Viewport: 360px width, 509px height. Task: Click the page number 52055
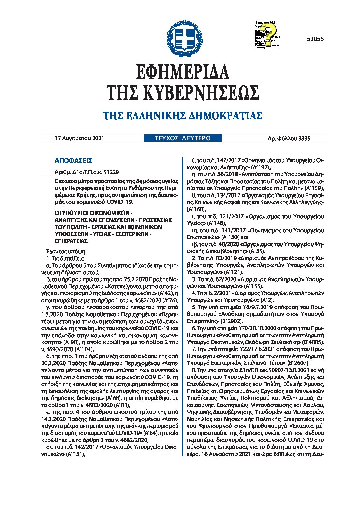[315, 39]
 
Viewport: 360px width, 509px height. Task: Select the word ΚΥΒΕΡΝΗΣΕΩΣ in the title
[200, 92]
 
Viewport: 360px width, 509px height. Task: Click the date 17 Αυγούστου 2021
[79, 138]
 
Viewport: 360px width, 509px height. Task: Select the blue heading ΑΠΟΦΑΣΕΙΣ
[73, 161]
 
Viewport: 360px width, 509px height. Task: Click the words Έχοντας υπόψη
[64, 252]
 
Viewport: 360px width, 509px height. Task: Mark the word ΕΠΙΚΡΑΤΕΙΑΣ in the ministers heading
[71, 241]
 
